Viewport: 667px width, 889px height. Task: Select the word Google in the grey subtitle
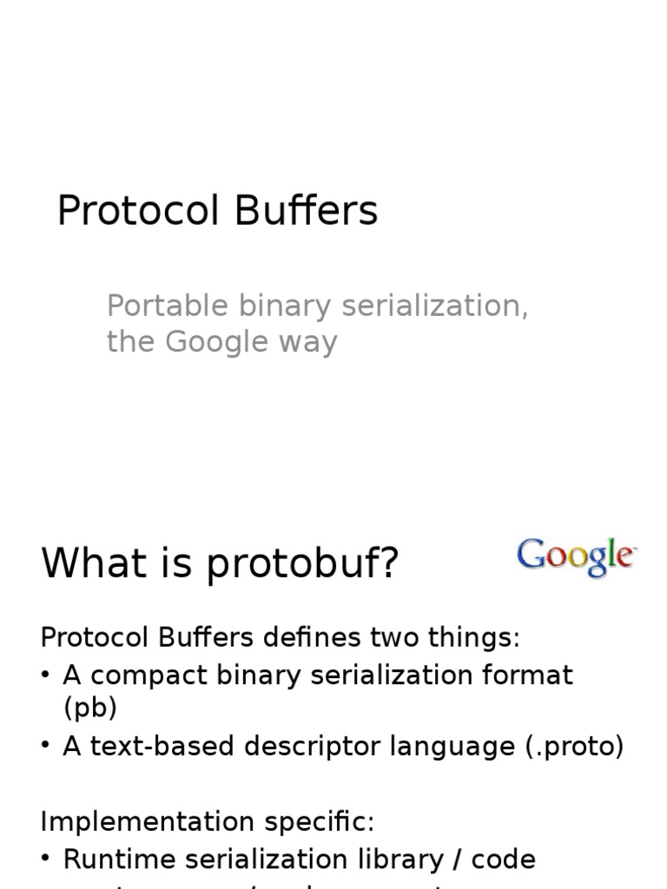(x=216, y=342)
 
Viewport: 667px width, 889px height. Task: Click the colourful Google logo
(x=577, y=557)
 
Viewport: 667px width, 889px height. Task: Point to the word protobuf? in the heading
(x=301, y=564)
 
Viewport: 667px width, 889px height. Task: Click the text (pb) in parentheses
(x=89, y=708)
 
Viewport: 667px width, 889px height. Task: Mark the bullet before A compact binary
(x=45, y=675)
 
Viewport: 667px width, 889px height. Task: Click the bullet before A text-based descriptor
(x=45, y=747)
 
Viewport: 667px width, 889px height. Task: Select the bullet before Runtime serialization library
(x=45, y=859)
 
